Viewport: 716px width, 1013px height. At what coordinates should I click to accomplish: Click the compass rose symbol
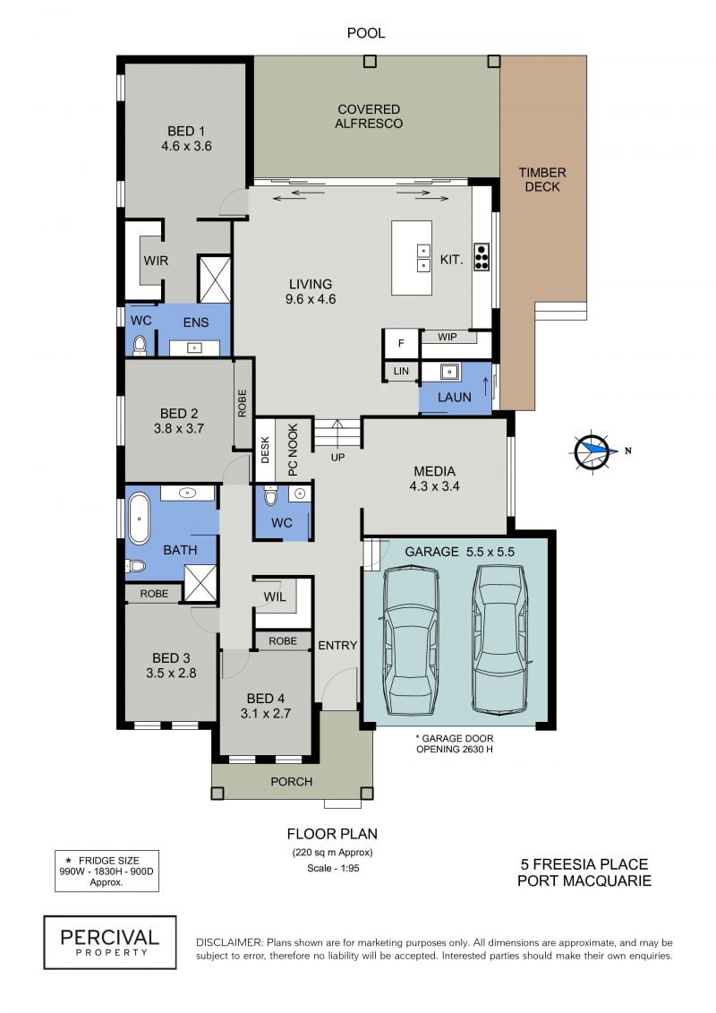click(592, 451)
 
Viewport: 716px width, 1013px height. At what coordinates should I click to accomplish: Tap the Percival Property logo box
click(110, 942)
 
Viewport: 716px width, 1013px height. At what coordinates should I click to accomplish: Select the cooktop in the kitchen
click(482, 256)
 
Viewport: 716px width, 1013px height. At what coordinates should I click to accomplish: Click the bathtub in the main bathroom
click(139, 519)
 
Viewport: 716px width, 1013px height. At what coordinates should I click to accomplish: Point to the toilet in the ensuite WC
click(140, 346)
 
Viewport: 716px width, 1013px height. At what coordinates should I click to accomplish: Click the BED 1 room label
click(186, 138)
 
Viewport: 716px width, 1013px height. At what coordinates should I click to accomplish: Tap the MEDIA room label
click(434, 478)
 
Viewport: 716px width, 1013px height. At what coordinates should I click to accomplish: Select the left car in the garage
click(411, 640)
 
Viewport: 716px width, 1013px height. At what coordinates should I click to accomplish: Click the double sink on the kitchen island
click(423, 258)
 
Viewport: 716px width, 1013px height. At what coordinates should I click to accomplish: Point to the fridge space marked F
click(401, 344)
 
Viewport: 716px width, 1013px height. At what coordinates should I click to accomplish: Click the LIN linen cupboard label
click(401, 372)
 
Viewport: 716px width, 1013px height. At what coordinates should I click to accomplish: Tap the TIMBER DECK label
click(542, 180)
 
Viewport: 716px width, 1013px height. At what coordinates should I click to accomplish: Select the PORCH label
click(291, 782)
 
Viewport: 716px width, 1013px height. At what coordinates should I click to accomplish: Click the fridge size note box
click(107, 871)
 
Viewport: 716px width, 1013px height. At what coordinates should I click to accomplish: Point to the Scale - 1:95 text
click(333, 868)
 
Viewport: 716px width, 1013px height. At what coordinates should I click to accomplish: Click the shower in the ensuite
click(214, 279)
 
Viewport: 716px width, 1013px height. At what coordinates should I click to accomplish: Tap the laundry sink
click(450, 372)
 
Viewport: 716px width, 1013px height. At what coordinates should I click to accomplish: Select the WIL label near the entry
click(275, 597)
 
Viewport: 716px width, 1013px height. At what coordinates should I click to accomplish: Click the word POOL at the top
click(366, 33)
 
